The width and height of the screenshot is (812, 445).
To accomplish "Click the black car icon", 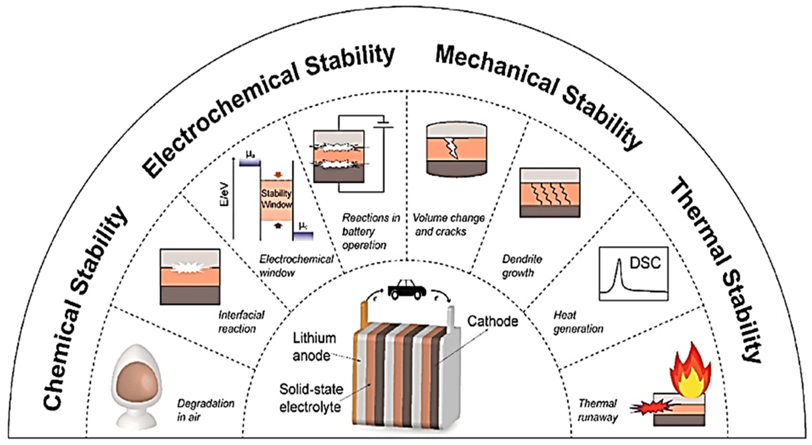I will [407, 289].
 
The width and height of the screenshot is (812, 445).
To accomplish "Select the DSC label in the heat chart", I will [645, 263].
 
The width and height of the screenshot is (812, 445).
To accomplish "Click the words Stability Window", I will [276, 199].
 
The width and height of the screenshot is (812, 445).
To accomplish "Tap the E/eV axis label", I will [224, 194].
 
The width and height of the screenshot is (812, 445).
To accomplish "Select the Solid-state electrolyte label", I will [311, 398].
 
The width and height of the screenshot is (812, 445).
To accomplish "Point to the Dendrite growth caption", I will [522, 266].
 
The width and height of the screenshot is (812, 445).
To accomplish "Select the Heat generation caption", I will [578, 322].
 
